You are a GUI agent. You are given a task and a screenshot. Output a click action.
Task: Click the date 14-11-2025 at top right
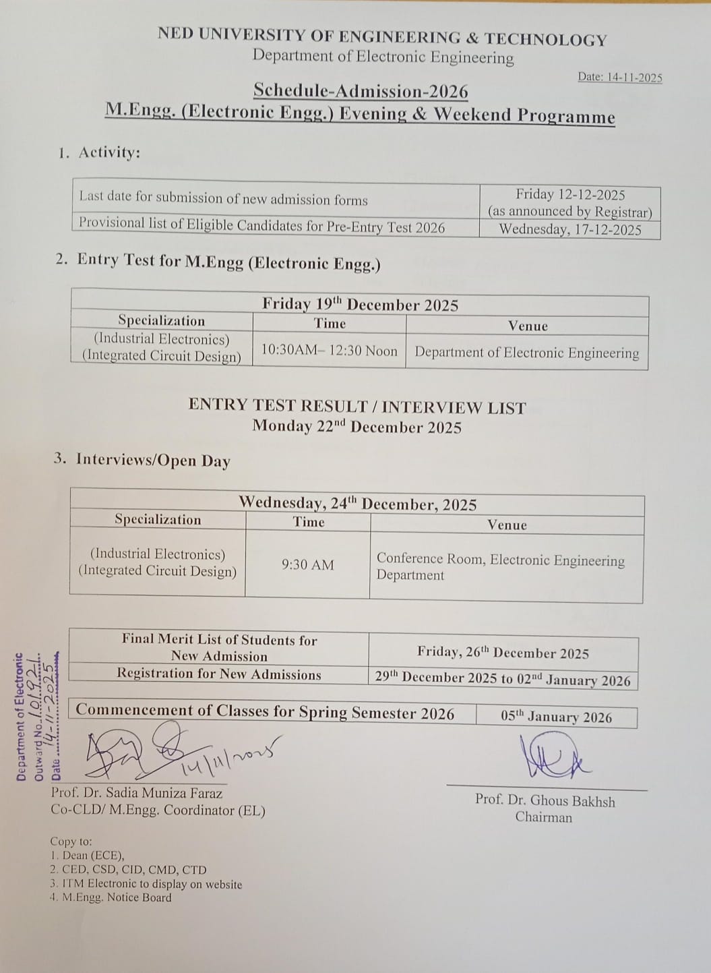pyautogui.click(x=619, y=78)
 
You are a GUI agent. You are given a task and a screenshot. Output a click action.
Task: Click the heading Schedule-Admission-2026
pyautogui.click(x=361, y=90)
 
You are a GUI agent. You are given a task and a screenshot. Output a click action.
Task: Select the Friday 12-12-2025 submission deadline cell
pyautogui.click(x=570, y=202)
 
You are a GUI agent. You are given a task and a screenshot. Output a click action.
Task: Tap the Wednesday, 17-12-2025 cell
pyautogui.click(x=570, y=230)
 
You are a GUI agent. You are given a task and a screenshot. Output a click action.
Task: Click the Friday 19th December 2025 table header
pyautogui.click(x=360, y=304)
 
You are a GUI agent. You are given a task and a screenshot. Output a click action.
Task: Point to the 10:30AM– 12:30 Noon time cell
pyautogui.click(x=329, y=351)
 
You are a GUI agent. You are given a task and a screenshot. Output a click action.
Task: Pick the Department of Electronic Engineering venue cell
pyautogui.click(x=526, y=352)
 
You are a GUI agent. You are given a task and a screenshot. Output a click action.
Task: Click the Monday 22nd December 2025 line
pyautogui.click(x=357, y=427)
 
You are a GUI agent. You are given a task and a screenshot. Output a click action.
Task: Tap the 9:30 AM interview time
pyautogui.click(x=307, y=565)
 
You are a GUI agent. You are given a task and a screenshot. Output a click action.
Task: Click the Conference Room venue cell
pyautogui.click(x=500, y=566)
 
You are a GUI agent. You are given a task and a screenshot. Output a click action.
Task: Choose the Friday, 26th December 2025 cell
pyautogui.click(x=503, y=653)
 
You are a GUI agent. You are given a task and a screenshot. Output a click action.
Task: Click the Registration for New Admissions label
pyautogui.click(x=218, y=674)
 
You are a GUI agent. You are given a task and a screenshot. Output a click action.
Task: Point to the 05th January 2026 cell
pyautogui.click(x=556, y=716)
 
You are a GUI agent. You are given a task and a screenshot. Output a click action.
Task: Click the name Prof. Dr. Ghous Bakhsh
pyautogui.click(x=545, y=800)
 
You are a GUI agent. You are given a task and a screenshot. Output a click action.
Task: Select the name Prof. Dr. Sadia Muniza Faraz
pyautogui.click(x=136, y=794)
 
